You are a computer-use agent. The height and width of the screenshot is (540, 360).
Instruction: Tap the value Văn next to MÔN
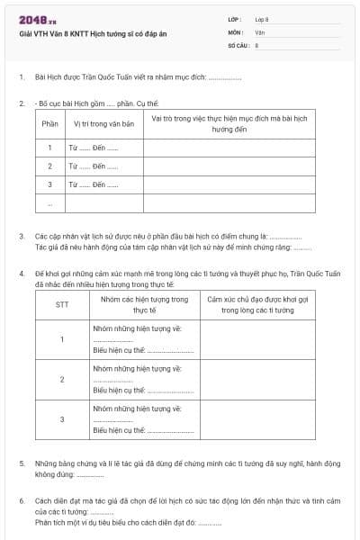coord(259,31)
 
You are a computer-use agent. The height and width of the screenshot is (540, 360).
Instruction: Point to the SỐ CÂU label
coord(238,44)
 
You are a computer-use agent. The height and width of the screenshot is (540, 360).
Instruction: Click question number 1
coord(21,77)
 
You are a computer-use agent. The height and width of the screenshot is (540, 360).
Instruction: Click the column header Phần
coord(49,124)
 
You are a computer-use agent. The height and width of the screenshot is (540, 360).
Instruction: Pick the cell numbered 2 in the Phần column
coord(49,166)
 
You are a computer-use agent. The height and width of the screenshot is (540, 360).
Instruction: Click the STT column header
coord(62,304)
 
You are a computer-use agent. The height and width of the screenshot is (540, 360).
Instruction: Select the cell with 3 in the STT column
coord(62,419)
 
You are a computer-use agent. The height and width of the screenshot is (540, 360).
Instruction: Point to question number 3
coord(21,236)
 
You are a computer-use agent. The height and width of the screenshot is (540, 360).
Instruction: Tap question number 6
coord(21,500)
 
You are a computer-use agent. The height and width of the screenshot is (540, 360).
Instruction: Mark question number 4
coord(21,273)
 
